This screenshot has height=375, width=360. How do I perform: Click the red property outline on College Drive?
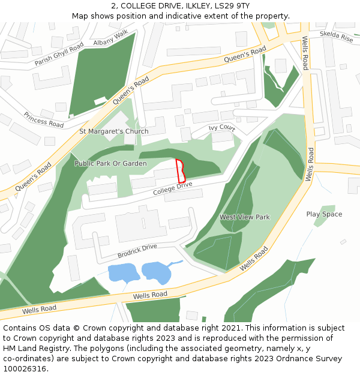click(x=179, y=171)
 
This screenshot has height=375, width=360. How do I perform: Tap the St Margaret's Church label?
click(x=114, y=131)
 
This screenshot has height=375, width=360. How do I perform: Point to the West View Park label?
click(x=244, y=217)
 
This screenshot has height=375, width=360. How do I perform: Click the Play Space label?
click(x=324, y=214)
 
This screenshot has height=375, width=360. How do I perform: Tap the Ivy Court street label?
click(x=221, y=128)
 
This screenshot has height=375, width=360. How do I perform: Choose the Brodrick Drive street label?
click(x=137, y=250)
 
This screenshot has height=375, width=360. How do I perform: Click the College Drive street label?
click(x=172, y=188)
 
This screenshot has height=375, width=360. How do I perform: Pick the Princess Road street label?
click(x=43, y=119)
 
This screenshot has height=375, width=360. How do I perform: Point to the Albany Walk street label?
click(x=111, y=38)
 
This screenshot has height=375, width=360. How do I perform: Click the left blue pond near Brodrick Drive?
click(x=122, y=274)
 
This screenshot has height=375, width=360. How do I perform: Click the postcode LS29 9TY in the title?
click(x=232, y=6)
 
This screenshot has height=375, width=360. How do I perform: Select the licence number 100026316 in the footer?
click(x=25, y=368)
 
